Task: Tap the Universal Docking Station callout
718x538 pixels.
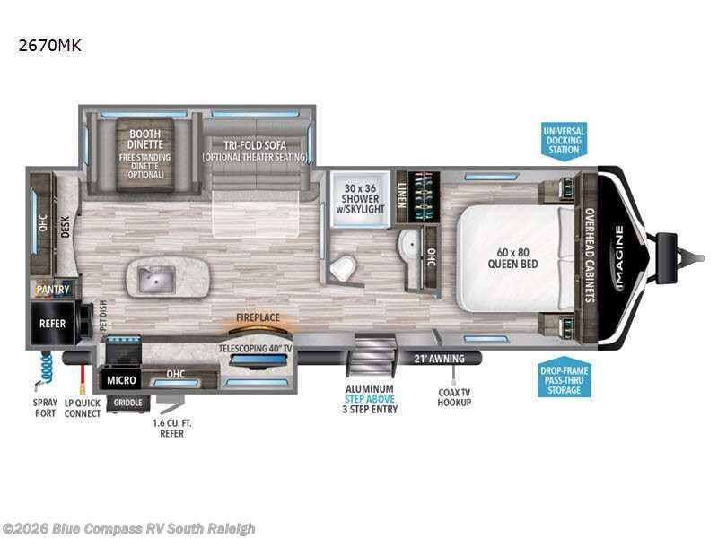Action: click(564, 141)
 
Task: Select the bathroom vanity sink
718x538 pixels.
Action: click(407, 241)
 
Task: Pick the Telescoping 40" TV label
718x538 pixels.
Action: click(254, 346)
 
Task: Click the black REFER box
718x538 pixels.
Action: click(52, 323)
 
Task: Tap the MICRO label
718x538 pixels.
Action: click(120, 381)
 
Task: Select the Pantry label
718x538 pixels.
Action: click(52, 290)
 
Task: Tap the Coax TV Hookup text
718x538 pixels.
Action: click(455, 396)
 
